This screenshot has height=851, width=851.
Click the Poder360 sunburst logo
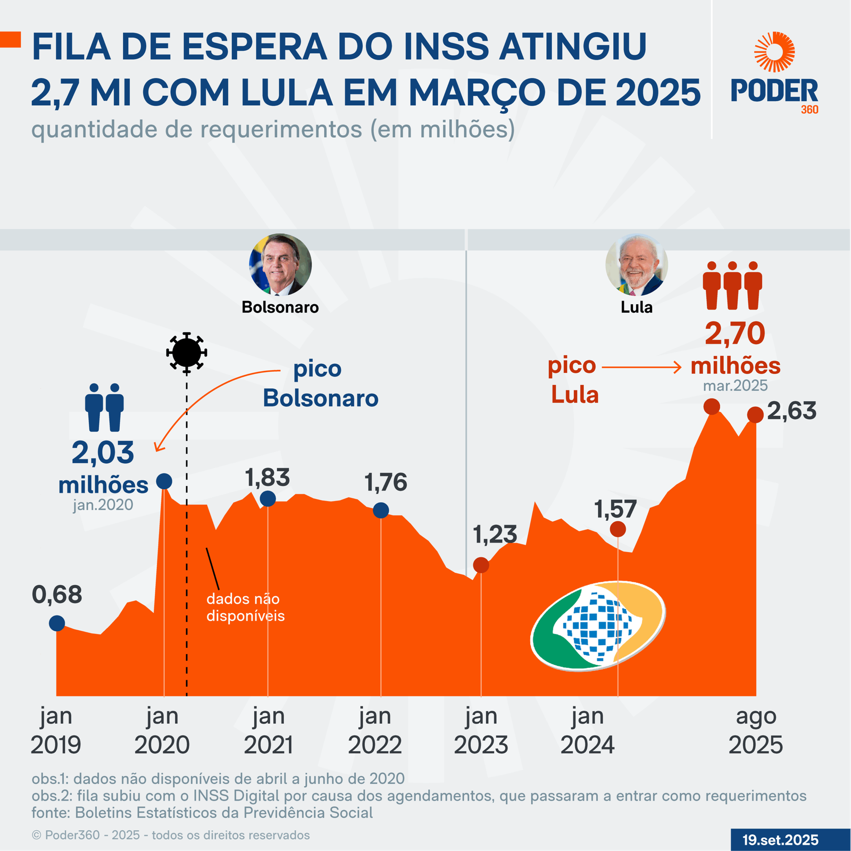[774, 52]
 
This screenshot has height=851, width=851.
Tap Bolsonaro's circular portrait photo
[280, 264]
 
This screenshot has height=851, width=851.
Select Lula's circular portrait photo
[636, 264]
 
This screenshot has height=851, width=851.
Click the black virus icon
[186, 352]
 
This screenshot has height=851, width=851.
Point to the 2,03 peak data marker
[164, 481]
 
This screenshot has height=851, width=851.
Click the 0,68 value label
[57, 595]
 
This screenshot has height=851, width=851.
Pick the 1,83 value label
[268, 478]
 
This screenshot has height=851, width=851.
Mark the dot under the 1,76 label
[381, 511]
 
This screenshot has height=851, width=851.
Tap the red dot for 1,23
[481, 565]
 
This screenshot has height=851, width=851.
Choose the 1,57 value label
[615, 510]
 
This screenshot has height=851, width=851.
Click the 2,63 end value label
[791, 411]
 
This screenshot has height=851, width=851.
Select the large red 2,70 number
[735, 333]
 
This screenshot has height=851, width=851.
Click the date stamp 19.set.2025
[780, 840]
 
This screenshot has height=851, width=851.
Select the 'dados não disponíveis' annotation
[245, 607]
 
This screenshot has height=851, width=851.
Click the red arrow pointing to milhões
[641, 367]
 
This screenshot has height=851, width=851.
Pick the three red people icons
[732, 285]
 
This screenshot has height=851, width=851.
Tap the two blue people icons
[104, 407]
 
